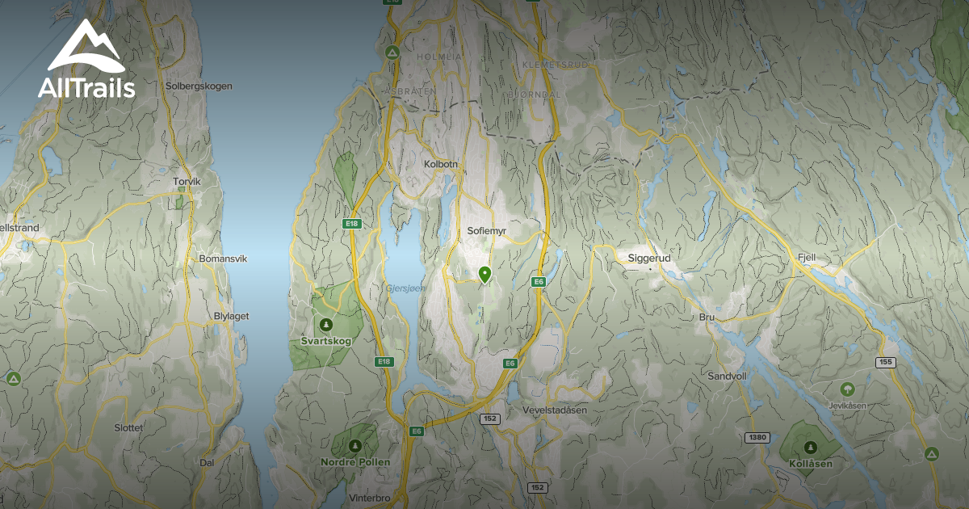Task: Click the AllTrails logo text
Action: click(x=86, y=88)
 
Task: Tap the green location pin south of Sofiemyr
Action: click(x=484, y=275)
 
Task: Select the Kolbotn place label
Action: click(x=441, y=164)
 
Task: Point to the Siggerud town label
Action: click(x=649, y=259)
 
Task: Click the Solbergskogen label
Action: click(x=198, y=86)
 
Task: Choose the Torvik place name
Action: click(x=187, y=182)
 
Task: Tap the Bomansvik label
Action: click(x=222, y=259)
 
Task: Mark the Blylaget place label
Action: click(x=231, y=316)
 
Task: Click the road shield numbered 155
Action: click(x=885, y=363)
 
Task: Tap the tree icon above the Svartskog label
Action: click(x=325, y=325)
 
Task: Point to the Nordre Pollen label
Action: click(x=355, y=462)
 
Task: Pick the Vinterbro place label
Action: click(x=370, y=498)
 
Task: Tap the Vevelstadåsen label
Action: click(x=555, y=410)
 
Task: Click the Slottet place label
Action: click(x=128, y=427)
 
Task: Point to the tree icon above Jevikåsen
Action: click(x=846, y=389)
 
